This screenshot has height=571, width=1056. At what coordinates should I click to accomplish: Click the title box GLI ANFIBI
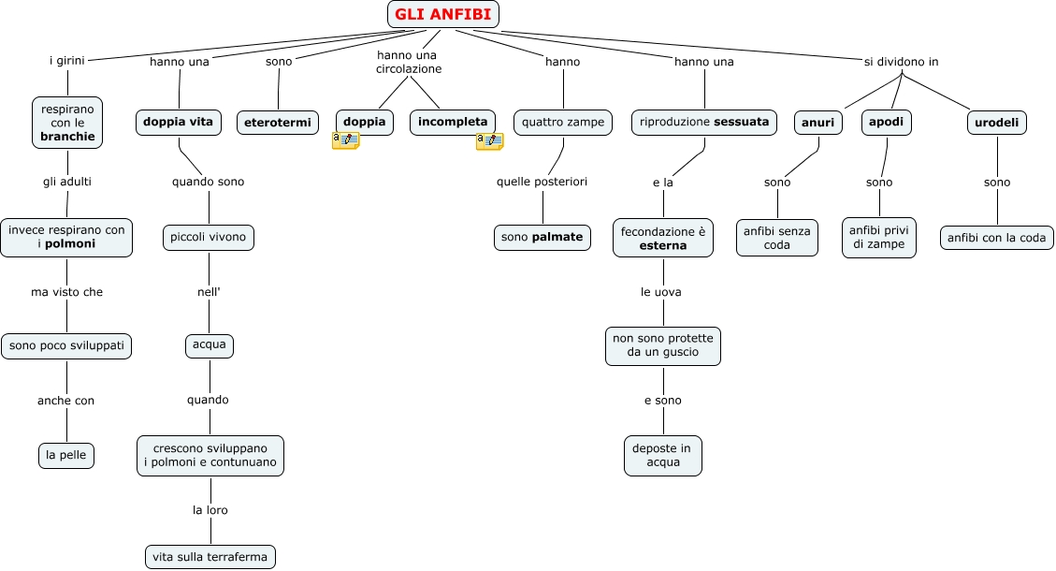pos(443,14)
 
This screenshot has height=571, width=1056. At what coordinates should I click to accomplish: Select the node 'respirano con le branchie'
pos(67,123)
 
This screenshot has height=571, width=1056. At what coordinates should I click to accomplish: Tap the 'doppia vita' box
pos(178,122)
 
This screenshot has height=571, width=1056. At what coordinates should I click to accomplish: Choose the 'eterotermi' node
pos(277,123)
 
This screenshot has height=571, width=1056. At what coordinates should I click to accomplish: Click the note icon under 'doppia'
pos(345,140)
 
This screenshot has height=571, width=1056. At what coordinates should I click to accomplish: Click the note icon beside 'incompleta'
pos(489,141)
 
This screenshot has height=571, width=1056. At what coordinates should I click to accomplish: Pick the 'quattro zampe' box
pos(563,122)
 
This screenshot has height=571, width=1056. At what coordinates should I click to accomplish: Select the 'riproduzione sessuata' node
pos(704,122)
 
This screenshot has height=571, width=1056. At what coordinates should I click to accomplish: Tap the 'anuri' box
pos(817,123)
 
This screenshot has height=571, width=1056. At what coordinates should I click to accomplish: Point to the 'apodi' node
pos(886,122)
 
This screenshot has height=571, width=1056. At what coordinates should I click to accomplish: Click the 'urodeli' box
pos(996,123)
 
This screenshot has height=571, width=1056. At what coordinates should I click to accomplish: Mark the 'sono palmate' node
pos(542,238)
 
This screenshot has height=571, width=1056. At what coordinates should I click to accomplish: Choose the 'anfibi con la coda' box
pos(996,238)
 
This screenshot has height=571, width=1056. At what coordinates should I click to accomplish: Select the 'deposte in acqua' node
pos(662,455)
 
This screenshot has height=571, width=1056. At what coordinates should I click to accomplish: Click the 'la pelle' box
pos(66,455)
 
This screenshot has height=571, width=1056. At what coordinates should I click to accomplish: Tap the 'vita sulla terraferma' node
pos(210,557)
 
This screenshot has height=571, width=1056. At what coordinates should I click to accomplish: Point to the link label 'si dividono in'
pos(901,62)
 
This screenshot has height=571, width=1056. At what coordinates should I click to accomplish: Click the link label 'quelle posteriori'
pos(542,182)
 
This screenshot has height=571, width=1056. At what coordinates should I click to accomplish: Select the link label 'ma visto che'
pos(66,292)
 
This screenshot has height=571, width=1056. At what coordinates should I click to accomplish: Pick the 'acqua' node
pos(209,345)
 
